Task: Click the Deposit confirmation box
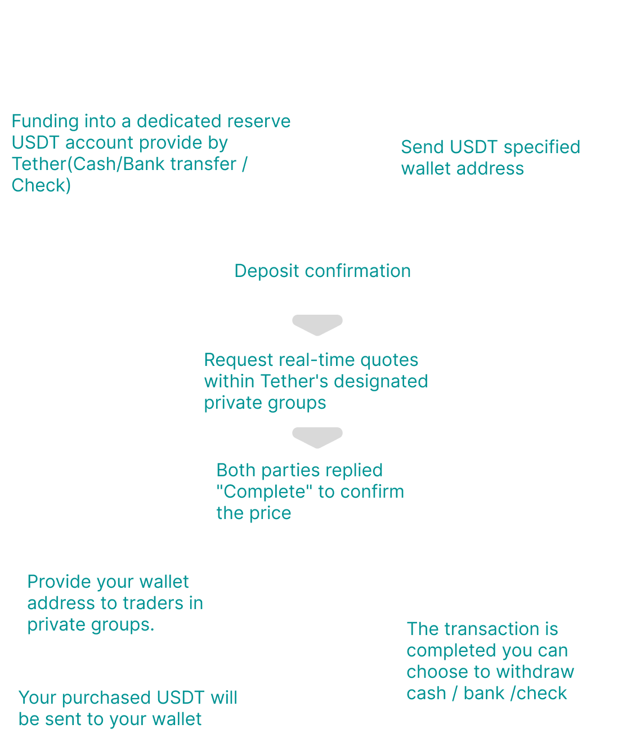point(313,270)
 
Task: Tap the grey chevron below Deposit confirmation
point(317,325)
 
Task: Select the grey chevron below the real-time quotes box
point(317,437)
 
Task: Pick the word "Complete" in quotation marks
point(265,491)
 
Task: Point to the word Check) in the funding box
point(41,185)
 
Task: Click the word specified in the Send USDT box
point(542,147)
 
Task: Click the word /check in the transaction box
point(539,693)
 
